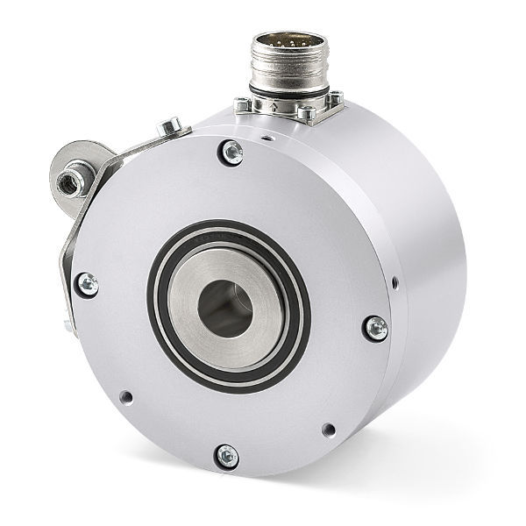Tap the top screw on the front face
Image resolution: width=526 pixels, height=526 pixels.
point(232,152)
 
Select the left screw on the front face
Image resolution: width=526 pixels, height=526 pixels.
point(88,282)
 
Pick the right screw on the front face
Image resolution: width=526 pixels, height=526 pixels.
point(374,328)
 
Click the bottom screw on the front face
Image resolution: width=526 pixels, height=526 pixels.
point(226,455)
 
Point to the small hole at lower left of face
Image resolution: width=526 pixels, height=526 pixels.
point(128,396)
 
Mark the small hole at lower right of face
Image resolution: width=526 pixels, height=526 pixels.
point(329,430)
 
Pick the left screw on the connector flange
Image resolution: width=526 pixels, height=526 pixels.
point(243,106)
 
